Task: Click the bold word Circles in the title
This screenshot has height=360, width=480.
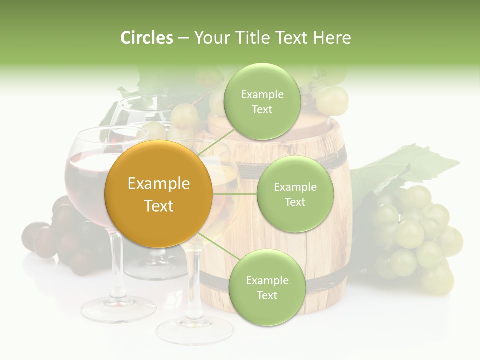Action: tap(146, 38)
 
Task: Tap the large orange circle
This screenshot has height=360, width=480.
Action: tap(158, 194)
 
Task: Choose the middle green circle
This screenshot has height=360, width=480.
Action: tap(295, 194)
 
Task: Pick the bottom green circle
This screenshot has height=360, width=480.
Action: tap(267, 287)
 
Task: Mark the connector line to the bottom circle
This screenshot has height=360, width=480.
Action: tap(216, 245)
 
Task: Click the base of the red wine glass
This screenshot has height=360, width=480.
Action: tap(118, 309)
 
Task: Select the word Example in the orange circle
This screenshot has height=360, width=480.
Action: tap(158, 184)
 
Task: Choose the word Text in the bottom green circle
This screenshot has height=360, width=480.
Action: tap(267, 295)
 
